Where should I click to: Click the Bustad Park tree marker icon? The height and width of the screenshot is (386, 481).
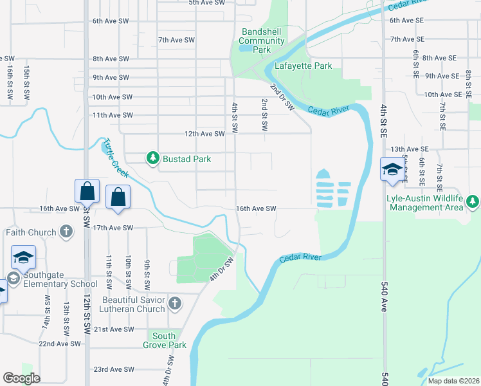[152, 158]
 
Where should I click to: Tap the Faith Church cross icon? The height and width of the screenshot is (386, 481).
[66, 232]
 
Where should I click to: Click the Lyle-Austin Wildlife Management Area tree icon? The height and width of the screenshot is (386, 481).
[473, 202]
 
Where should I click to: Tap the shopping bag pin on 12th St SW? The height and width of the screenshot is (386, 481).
[87, 192]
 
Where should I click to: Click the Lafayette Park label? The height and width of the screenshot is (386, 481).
[304, 66]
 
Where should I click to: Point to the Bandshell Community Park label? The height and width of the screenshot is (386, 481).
[263, 41]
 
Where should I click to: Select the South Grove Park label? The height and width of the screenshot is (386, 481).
[165, 340]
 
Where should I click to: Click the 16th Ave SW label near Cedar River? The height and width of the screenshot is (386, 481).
[256, 209]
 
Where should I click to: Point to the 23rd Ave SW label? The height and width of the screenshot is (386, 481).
[114, 369]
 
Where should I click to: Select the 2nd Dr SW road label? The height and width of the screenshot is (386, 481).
[282, 96]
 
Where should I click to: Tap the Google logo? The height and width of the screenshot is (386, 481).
[21, 378]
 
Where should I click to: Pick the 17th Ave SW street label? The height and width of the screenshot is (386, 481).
[113, 228]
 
